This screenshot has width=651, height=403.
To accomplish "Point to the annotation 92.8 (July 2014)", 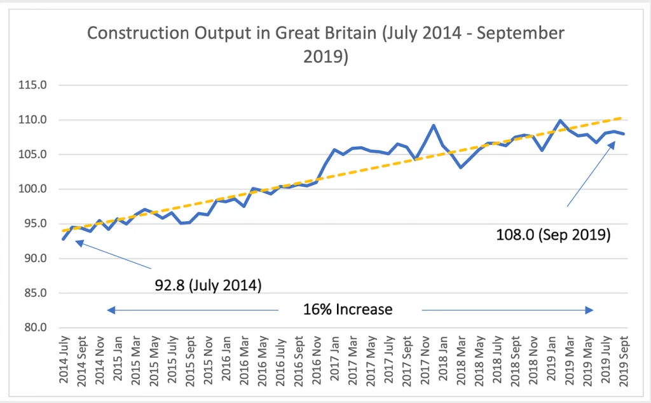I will tap(209, 285).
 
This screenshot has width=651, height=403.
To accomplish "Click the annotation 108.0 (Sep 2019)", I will tap(553, 235).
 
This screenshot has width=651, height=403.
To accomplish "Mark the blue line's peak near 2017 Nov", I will tap(434, 125).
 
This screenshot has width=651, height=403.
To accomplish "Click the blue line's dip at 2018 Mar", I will tap(461, 167).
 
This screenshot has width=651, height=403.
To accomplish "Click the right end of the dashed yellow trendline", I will tap(624, 118).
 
